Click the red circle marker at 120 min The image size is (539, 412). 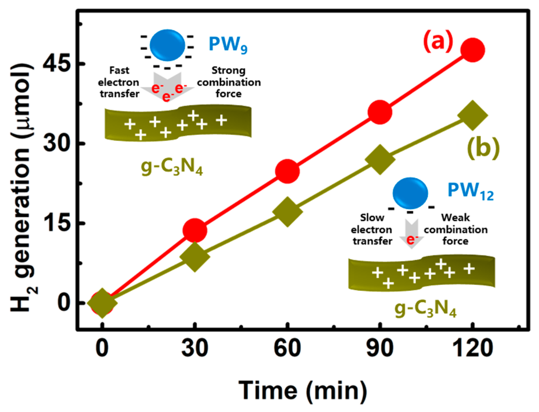click(472, 50)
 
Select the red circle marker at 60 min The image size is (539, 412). click(287, 171)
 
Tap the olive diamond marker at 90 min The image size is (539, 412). click(380, 159)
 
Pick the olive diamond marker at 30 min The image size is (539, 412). click(195, 256)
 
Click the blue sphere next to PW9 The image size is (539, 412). click(167, 45)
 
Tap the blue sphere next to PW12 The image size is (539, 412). click(410, 193)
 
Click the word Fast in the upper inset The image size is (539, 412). click(119, 71)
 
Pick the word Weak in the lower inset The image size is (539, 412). click(455, 218)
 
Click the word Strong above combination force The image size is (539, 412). click(228, 71)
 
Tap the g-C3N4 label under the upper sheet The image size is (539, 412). click(172, 167)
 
